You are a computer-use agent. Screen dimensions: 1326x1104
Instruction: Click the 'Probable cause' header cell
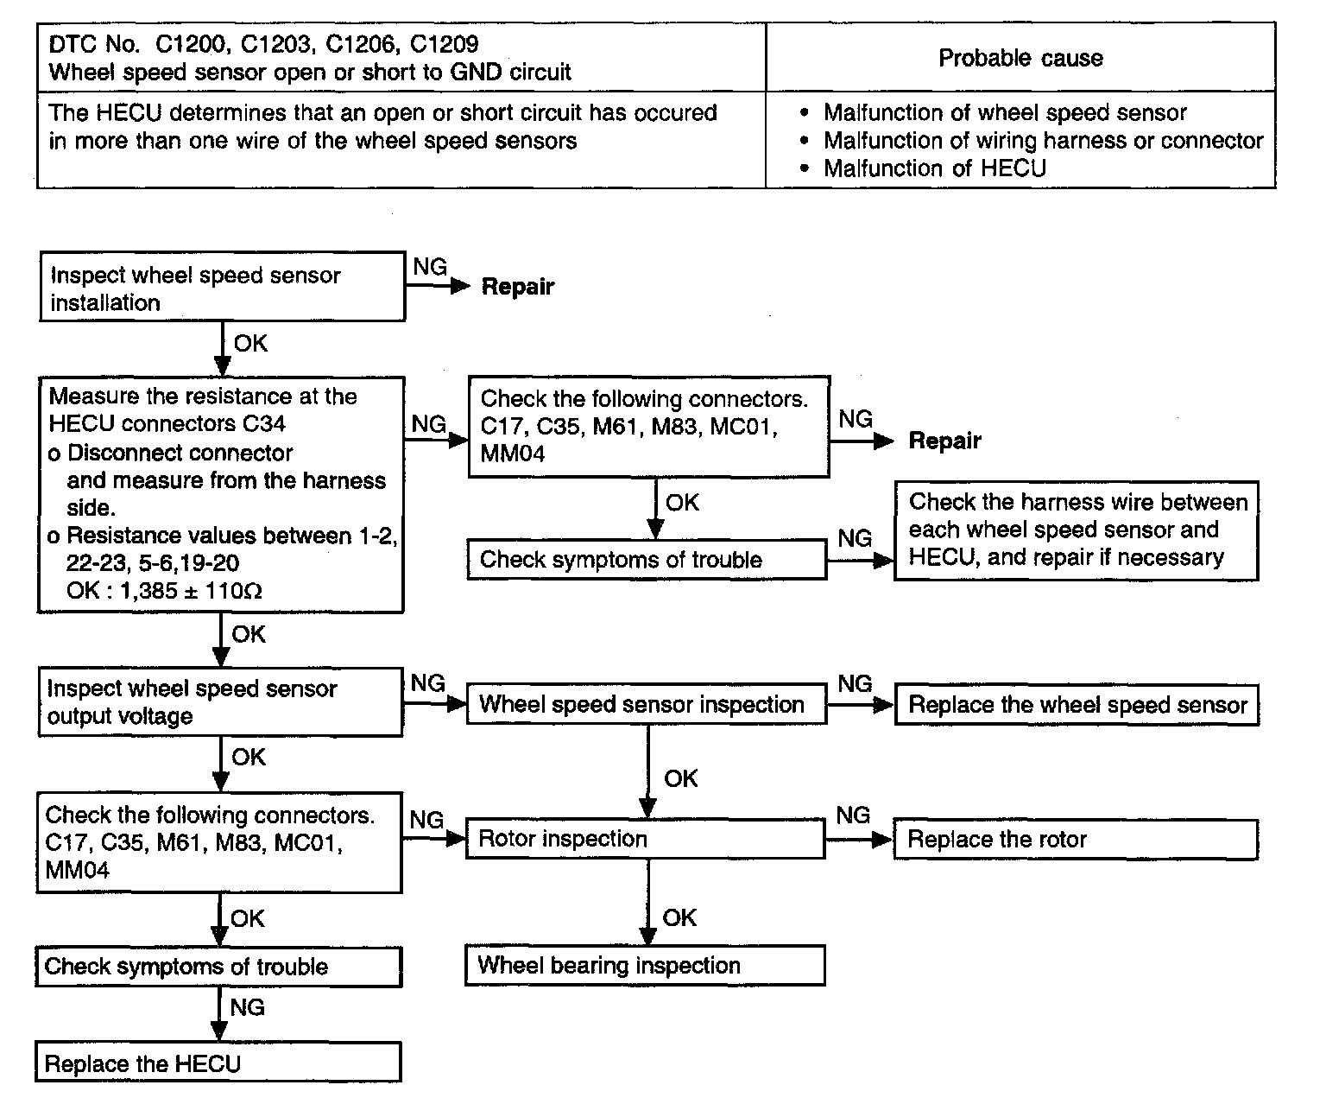coord(1020,57)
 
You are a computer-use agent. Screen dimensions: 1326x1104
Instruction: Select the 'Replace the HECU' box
coord(218,1063)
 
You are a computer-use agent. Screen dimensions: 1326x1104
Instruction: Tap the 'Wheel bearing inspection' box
coord(645,966)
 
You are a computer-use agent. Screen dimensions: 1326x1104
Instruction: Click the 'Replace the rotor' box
coord(1076,840)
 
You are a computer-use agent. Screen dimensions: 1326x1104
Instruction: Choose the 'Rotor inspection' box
coord(646,839)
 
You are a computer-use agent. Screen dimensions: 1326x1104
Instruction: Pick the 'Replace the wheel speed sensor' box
coord(1077,705)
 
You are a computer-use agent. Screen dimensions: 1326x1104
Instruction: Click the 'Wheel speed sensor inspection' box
coord(647,704)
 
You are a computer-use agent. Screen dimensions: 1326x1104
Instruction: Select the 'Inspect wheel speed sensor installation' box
coord(222,287)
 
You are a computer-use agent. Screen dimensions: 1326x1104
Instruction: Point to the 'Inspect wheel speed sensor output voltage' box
coord(220,702)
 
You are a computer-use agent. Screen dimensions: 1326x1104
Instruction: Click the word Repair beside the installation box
coord(518,287)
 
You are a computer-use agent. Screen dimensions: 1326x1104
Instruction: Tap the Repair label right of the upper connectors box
coord(945,441)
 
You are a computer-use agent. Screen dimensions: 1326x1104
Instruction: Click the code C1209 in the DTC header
coord(444,44)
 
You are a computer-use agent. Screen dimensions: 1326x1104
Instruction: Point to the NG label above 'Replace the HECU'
coord(247,1007)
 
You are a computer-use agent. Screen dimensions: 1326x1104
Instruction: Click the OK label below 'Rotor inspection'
coord(679,917)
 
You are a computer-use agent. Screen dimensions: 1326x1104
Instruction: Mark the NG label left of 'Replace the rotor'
coord(853,815)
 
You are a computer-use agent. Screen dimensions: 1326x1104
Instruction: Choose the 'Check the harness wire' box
coord(1077,530)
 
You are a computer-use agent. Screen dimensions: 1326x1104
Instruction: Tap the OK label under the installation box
coord(251,343)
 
